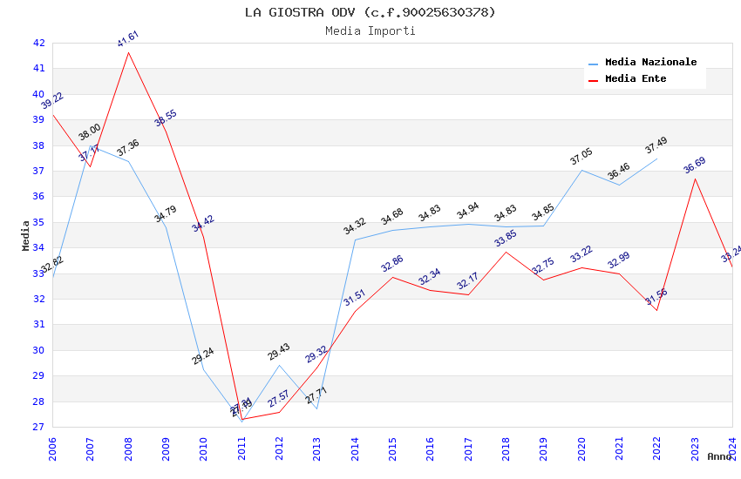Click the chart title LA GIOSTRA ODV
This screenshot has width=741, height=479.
click(x=370, y=12)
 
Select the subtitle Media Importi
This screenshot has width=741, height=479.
click(x=370, y=30)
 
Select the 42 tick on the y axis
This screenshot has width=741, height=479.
click(x=38, y=43)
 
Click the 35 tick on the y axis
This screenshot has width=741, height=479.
click(x=38, y=222)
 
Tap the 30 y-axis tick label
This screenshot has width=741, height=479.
click(x=38, y=350)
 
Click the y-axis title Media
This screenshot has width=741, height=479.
click(x=26, y=235)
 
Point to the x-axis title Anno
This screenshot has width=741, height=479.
click(x=719, y=456)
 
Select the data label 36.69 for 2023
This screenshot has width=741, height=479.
click(x=695, y=165)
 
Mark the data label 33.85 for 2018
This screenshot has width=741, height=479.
click(x=506, y=239)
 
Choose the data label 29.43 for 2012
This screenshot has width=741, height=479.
click(x=279, y=352)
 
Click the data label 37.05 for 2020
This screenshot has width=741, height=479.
click(x=581, y=157)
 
